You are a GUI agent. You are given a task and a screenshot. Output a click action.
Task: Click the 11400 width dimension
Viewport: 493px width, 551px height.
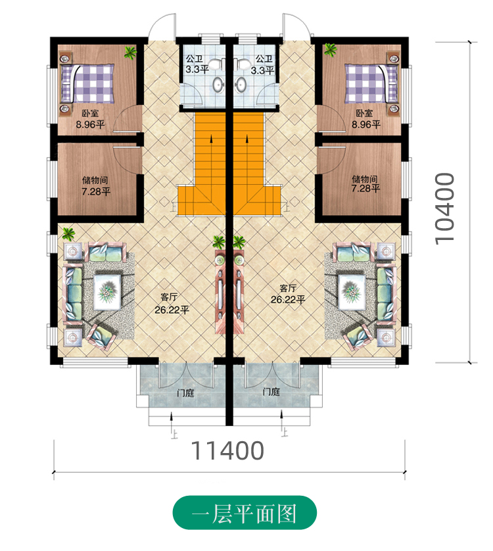click(227, 450)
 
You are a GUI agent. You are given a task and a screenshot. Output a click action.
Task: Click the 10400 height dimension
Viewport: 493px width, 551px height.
click(444, 208)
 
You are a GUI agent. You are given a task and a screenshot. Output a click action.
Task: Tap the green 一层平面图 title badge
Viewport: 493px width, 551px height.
click(245, 514)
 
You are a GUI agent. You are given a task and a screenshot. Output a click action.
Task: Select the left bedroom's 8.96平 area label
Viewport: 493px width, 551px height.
click(90, 124)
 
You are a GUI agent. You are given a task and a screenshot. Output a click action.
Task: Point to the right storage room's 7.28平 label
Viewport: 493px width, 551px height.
click(365, 188)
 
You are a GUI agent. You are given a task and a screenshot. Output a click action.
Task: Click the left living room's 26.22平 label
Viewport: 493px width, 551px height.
click(172, 310)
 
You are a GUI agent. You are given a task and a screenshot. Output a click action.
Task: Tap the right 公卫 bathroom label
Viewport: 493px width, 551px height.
click(264, 58)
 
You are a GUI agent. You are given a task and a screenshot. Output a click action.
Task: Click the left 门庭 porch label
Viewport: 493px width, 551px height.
click(185, 393)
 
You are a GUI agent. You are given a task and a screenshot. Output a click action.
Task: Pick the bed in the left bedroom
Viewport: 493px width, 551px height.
click(87, 84)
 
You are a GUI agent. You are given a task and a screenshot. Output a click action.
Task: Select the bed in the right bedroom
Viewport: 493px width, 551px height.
click(371, 84)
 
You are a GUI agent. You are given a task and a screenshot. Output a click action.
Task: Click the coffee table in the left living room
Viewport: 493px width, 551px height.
click(107, 292)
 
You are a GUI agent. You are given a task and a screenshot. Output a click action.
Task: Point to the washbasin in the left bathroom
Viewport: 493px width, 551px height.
click(218, 85)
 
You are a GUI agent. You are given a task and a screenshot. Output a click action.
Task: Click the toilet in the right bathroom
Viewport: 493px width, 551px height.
click(242, 64)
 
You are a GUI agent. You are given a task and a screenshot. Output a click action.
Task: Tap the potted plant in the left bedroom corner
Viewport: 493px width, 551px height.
click(130, 53)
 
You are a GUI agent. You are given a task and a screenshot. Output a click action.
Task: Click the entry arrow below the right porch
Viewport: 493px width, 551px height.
click(281, 419)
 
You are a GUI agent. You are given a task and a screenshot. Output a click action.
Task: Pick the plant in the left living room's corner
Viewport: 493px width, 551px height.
click(68, 233)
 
